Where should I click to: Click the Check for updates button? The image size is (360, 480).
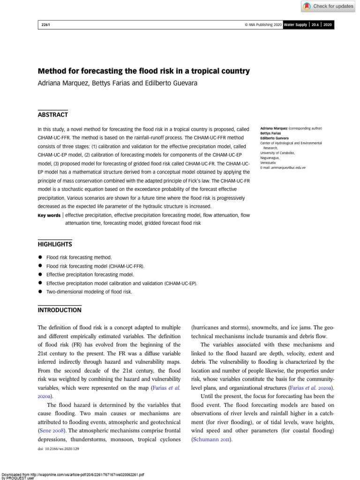(329, 6)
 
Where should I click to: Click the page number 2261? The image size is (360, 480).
(45, 25)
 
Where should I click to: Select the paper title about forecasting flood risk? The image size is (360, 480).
(143, 71)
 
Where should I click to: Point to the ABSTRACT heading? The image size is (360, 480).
(52, 115)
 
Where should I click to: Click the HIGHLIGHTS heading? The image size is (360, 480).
(55, 244)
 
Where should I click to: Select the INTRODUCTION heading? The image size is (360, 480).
(59, 310)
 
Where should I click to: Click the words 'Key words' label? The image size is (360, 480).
(49, 215)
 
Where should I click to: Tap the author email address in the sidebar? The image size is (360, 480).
(283, 167)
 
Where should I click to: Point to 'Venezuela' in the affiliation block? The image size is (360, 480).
(268, 162)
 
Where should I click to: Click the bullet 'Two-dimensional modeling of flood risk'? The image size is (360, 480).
(89, 292)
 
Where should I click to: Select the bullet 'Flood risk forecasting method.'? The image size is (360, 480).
(79, 257)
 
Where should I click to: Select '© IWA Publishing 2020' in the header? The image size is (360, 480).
(260, 25)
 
